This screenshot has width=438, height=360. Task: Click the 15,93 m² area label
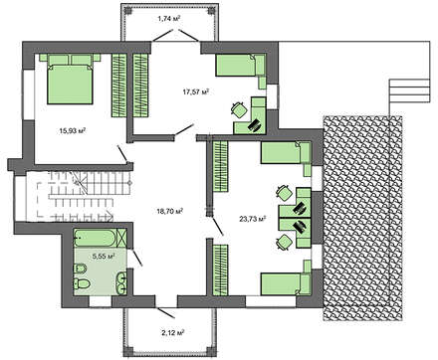pyautogui.click(x=73, y=130)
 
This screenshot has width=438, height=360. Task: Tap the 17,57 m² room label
pyautogui.click(x=196, y=91)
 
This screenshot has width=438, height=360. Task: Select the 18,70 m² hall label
pyautogui.click(x=170, y=210)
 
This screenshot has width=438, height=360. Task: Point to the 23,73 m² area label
pyautogui.click(x=253, y=219)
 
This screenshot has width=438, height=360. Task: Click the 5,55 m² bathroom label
pyautogui.click(x=104, y=256)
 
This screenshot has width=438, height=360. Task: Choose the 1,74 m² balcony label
pyautogui.click(x=169, y=19)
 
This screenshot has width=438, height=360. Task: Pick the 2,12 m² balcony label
pyautogui.click(x=173, y=332)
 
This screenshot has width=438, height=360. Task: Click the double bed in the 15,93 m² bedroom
pyautogui.click(x=70, y=79)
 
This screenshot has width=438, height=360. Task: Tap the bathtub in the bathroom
pyautogui.click(x=100, y=238)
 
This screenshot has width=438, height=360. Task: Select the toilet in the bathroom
pyautogui.click(x=82, y=284)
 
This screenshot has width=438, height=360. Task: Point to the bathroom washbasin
pyautogui.click(x=121, y=282)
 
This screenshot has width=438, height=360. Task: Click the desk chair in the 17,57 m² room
pyautogui.click(x=239, y=110)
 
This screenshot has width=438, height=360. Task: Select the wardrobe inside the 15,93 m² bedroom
pyautogui.click(x=118, y=86)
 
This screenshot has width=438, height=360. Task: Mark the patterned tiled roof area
pyautogui.click(x=363, y=218)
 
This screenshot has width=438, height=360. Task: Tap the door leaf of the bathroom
pyautogui.click(x=136, y=258)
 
